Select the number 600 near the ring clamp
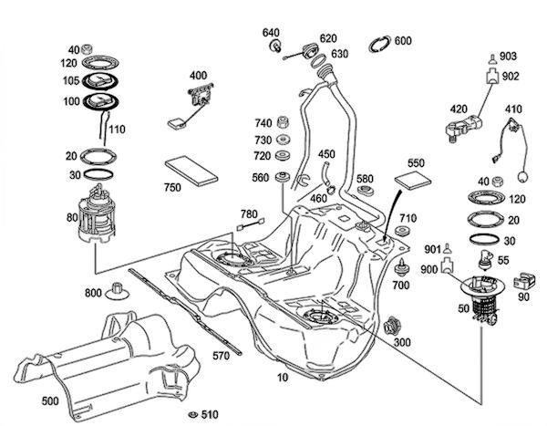[x=403, y=40]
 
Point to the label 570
[x=220, y=356]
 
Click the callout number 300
[x=401, y=341]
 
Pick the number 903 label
[x=508, y=57]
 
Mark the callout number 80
[x=71, y=218]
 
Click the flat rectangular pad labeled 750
[x=191, y=170]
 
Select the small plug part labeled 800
[x=118, y=292]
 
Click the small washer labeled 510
[x=192, y=411]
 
